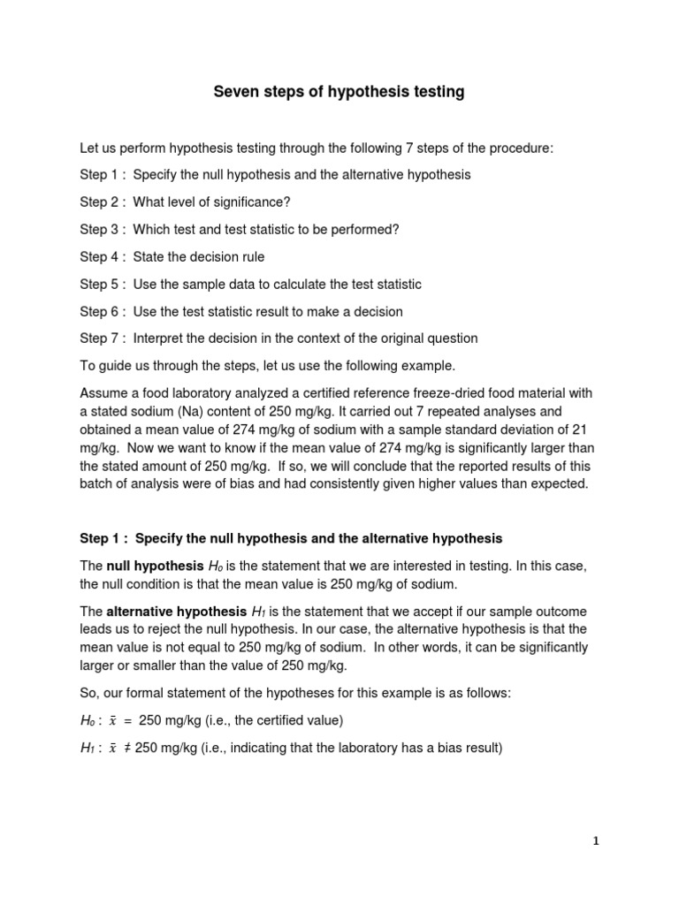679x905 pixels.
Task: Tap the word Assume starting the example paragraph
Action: pos(103,392)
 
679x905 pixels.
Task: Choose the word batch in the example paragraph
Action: pos(96,483)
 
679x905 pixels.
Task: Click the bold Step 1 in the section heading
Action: pos(103,537)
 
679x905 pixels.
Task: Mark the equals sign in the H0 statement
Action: pos(127,721)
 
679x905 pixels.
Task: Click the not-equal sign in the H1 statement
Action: pos(128,748)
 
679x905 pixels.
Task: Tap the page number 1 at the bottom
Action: pos(596,841)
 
